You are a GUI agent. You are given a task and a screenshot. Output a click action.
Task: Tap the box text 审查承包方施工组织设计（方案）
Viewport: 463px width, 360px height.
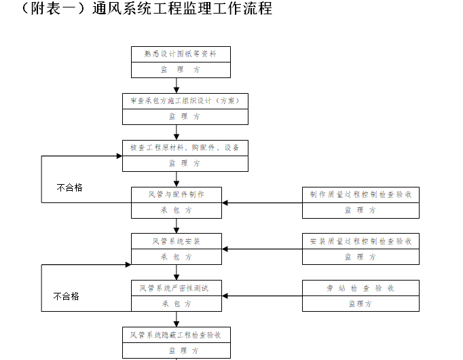(185, 101)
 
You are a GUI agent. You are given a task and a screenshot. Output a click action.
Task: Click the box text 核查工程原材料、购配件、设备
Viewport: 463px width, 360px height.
(185, 147)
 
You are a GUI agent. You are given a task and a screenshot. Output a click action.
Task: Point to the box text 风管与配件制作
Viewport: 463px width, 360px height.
(177, 194)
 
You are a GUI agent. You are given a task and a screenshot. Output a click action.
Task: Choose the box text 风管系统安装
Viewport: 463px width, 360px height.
(177, 241)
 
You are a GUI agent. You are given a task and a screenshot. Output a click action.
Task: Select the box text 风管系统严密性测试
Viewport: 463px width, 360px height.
(177, 288)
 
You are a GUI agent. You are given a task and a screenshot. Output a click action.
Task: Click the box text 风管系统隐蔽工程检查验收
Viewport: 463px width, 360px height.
(176, 335)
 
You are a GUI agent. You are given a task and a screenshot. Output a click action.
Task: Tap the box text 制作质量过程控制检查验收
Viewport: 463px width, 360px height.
(360, 194)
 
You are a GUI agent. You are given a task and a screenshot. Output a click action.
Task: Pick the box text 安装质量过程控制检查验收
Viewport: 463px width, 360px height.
(360, 241)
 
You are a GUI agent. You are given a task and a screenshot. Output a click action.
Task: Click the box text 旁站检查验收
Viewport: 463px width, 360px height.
(360, 288)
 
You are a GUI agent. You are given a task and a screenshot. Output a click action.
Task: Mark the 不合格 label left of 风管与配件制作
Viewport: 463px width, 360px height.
(69, 187)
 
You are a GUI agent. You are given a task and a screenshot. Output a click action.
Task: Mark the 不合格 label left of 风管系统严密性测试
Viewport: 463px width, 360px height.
(67, 295)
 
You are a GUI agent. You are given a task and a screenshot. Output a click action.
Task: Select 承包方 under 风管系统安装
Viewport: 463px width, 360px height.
(177, 257)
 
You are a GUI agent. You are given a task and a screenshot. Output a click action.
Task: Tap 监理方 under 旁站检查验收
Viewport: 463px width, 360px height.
(360, 304)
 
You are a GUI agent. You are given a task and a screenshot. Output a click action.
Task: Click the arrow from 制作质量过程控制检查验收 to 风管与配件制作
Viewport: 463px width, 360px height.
(262, 202)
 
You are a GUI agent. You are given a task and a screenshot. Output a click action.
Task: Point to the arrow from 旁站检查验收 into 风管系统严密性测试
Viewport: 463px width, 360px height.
(262, 296)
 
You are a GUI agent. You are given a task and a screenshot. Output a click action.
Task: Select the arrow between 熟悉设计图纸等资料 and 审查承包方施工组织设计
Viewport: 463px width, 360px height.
(177, 86)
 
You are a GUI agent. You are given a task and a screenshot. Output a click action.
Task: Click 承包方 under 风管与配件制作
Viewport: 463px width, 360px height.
(177, 210)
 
